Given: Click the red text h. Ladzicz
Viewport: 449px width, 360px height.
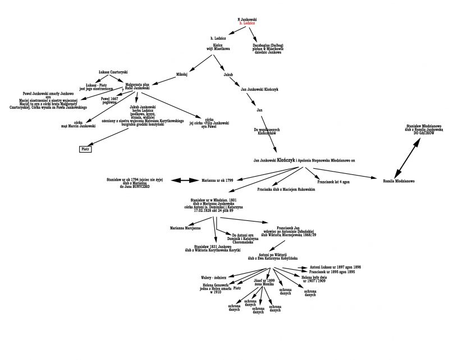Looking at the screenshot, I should pos(247,23).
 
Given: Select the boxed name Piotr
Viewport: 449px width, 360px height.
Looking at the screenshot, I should pos(85,149).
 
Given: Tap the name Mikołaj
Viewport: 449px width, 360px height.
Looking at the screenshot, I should pos(181,73).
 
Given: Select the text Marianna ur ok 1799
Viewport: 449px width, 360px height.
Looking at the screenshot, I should pos(217,181).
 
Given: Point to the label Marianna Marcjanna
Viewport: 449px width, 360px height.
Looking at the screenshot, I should pos(186,228).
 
